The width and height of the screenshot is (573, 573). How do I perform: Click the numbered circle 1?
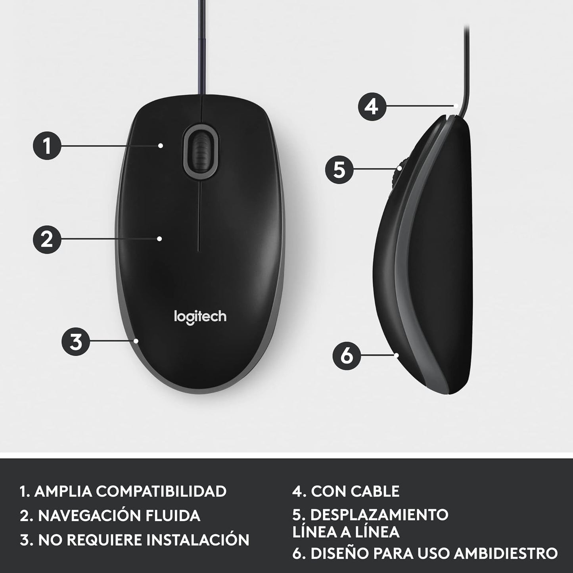pos(47,146)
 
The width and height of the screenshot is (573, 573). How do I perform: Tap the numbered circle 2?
pos(47,239)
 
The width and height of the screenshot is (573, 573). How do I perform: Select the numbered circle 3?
pos(76,341)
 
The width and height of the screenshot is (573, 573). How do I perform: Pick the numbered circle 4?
pos(372,106)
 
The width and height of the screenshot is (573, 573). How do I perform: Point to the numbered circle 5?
pos(339,170)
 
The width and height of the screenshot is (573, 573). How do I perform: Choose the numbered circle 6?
pos(346,355)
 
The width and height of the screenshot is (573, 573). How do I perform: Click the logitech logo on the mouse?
pos(200,317)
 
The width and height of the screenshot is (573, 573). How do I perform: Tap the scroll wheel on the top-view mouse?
pos(201,151)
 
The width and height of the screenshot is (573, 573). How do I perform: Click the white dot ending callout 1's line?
pos(160,146)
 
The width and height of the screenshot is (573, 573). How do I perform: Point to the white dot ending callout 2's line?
pos(159,239)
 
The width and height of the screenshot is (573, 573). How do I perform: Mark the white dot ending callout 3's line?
pos(136,341)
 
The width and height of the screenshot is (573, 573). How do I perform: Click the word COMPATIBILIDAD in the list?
pos(161,491)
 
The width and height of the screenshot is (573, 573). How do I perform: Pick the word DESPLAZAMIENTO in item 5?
pos(379,515)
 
